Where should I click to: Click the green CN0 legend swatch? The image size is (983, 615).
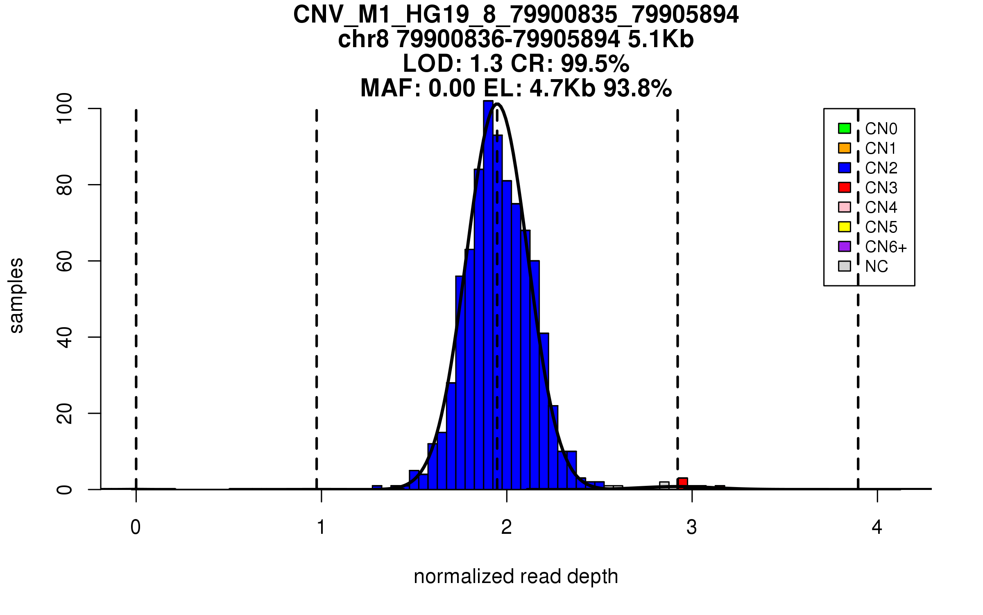click(x=845, y=128)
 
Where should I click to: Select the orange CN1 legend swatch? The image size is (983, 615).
click(x=845, y=148)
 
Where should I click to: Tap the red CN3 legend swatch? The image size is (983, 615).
click(x=845, y=187)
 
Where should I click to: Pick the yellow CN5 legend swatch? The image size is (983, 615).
click(x=845, y=227)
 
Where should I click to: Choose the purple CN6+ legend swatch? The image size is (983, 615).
click(x=845, y=246)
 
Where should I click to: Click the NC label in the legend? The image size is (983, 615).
click(x=876, y=266)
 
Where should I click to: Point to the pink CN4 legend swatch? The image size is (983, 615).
click(x=845, y=207)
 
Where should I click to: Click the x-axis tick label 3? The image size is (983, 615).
click(x=692, y=527)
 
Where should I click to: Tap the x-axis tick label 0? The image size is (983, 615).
click(x=136, y=527)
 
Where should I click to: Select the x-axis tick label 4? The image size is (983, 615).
click(x=877, y=527)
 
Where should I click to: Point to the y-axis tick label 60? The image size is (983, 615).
click(x=65, y=261)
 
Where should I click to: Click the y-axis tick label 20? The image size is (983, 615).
click(x=65, y=413)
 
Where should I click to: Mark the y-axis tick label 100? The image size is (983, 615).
click(x=65, y=108)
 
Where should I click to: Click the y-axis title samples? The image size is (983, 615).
click(x=16, y=295)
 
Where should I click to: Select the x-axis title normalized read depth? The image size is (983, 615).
click(x=516, y=576)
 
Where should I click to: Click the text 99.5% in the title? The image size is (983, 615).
click(x=595, y=64)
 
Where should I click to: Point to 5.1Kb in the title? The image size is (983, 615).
click(x=661, y=40)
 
